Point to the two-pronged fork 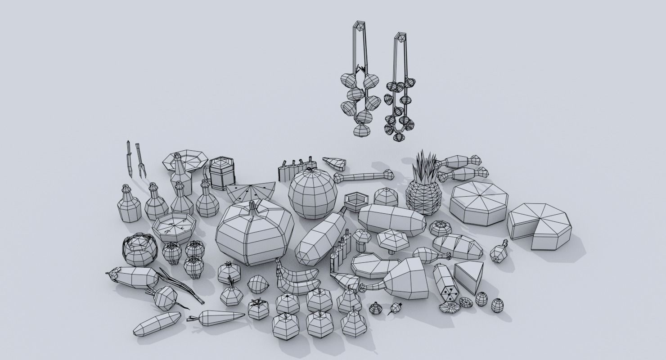[140, 160]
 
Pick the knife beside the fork [129, 157]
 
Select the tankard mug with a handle [220, 173]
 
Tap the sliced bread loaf [457, 246]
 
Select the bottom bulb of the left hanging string [361, 130]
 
